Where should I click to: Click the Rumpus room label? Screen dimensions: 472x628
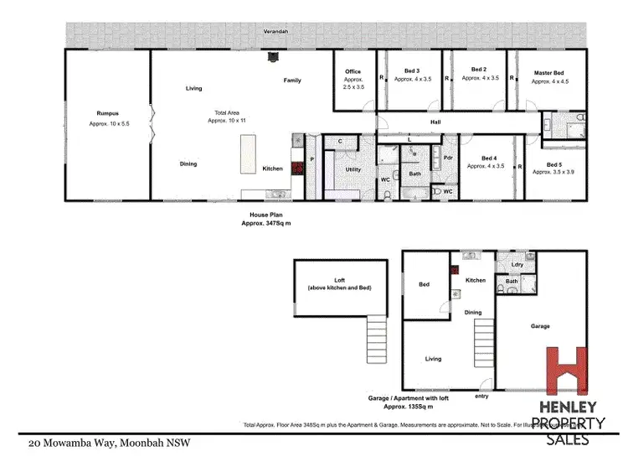106,112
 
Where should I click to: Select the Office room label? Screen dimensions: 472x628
353,71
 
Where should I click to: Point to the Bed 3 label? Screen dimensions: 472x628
411,70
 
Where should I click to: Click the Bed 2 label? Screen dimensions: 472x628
479,70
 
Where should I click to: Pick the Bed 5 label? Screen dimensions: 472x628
554,164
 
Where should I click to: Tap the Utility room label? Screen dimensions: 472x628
353,169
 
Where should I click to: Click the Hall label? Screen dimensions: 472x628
435,122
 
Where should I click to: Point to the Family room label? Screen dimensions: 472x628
292,80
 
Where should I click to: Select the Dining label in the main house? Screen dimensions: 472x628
188,163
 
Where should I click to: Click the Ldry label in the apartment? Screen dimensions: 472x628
517,265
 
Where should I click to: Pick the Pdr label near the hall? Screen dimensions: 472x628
448,158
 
